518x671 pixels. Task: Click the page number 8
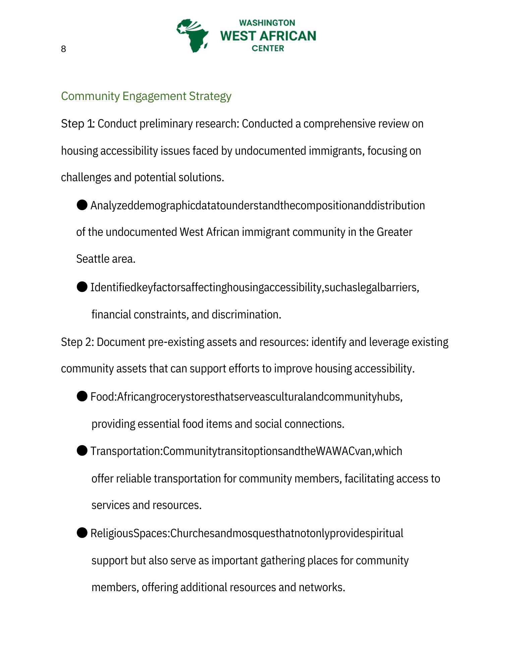click(x=63, y=49)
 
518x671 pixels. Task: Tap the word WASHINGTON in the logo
click(x=267, y=23)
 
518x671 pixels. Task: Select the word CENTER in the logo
click(x=268, y=48)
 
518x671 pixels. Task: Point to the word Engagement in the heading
click(x=154, y=96)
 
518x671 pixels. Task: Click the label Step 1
click(x=77, y=124)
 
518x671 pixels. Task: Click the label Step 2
click(x=77, y=342)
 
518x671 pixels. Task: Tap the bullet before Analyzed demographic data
click(x=82, y=205)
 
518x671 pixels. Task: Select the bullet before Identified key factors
click(x=82, y=287)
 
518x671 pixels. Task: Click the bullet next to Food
click(x=82, y=396)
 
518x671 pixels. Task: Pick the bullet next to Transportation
click(x=82, y=451)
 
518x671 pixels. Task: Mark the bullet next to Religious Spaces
click(x=82, y=532)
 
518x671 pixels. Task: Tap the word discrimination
click(x=246, y=315)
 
